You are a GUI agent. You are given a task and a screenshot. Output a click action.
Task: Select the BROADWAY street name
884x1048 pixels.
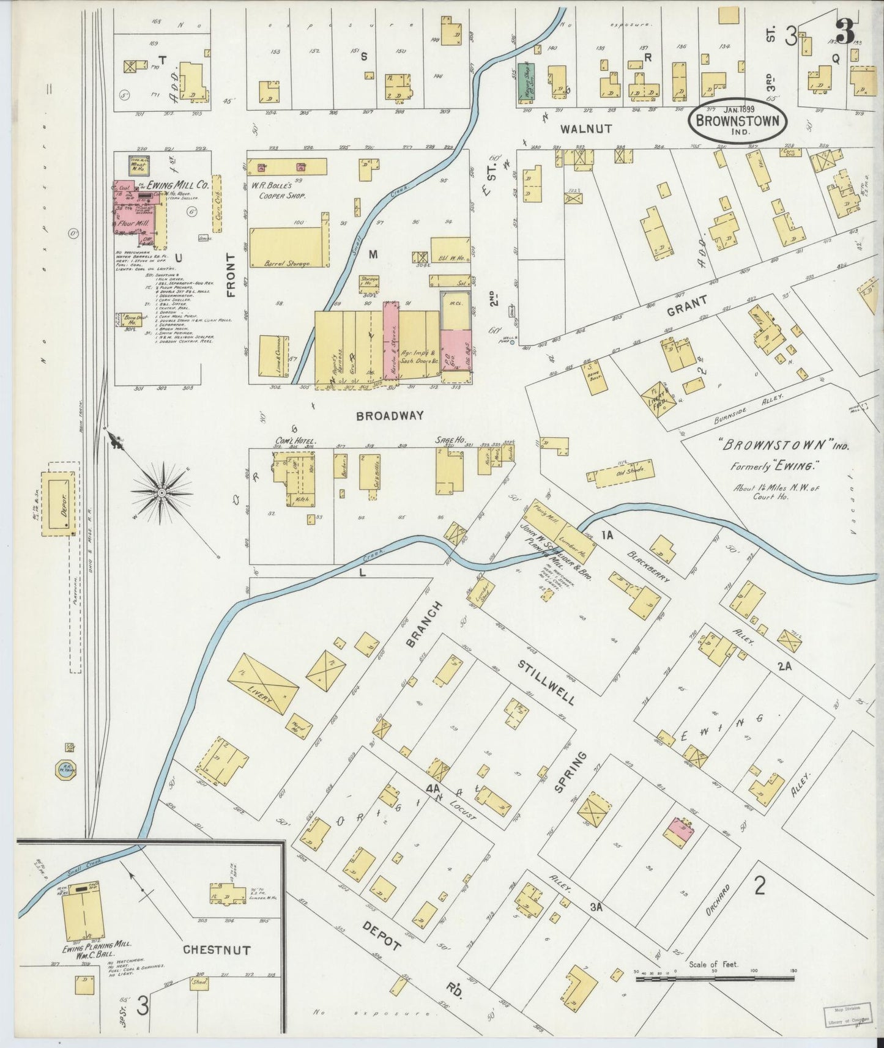pos(390,416)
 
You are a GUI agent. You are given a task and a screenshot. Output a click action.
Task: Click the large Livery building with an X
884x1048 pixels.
pos(264,684)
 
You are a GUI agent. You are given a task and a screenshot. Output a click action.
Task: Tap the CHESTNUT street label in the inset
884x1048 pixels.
pos(217,950)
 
